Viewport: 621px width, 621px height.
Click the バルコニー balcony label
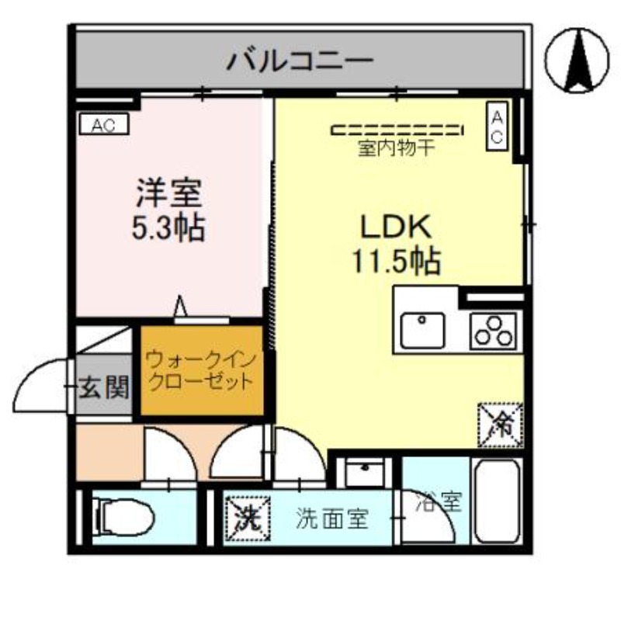pos(300,61)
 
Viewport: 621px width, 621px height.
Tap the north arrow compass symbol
pos(577,61)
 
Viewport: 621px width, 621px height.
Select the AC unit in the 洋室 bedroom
pos(104,125)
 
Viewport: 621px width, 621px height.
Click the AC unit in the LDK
pos(497,127)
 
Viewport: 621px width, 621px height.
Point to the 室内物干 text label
pos(397,148)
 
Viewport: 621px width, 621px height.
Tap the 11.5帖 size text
pos(397,261)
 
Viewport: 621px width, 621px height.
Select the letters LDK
pos(396,227)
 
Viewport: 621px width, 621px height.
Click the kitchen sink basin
pos(422,331)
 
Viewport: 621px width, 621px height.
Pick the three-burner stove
pos(494,331)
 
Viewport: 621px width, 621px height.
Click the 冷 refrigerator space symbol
pos(501,425)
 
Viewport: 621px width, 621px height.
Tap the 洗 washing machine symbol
pos(248,519)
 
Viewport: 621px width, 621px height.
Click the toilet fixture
pos(124,516)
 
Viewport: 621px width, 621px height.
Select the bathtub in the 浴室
pos(497,501)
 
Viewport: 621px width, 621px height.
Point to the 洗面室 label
pos(332,519)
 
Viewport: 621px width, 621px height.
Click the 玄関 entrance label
pos(104,387)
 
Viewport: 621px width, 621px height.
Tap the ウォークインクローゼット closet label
pos(201,371)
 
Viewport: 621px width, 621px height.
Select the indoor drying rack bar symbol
pos(397,130)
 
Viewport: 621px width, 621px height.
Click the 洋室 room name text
pos(169,193)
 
